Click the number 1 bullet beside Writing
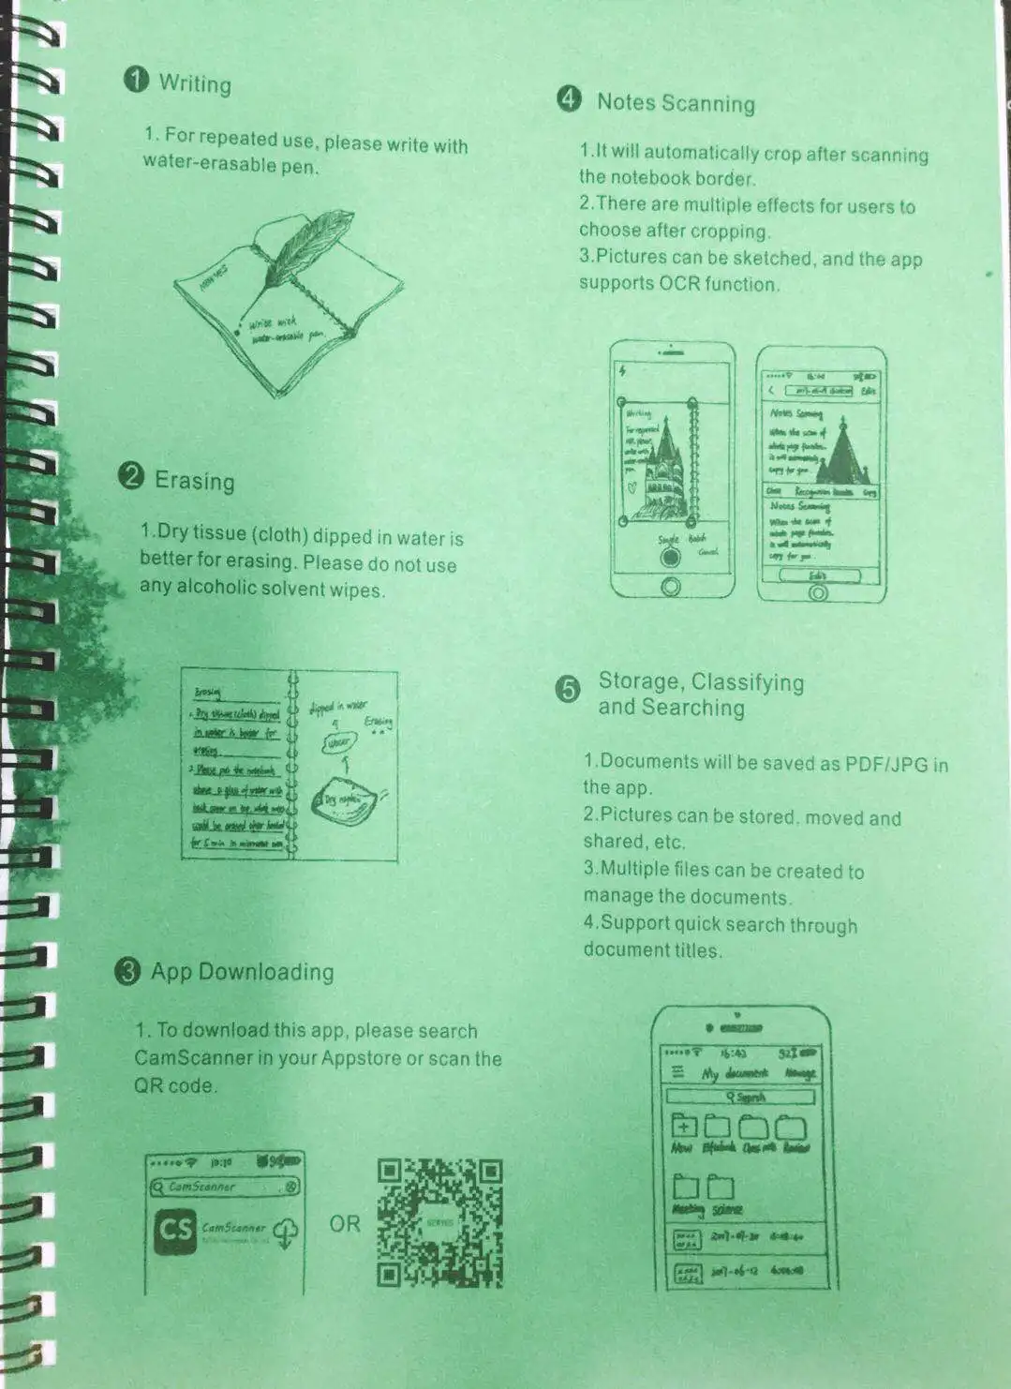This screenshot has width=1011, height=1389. pyautogui.click(x=137, y=79)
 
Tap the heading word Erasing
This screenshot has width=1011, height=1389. pyautogui.click(x=194, y=481)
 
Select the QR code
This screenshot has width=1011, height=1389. pyautogui.click(x=440, y=1223)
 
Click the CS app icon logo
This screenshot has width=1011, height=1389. pyautogui.click(x=176, y=1229)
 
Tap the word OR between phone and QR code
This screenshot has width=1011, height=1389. pyautogui.click(x=344, y=1223)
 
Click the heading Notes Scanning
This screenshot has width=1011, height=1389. pyautogui.click(x=676, y=103)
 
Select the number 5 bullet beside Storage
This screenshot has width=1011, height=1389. pyautogui.click(x=568, y=691)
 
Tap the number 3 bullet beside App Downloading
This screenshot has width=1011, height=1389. pyautogui.click(x=127, y=971)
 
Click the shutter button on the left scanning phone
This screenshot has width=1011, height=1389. pyautogui.click(x=670, y=557)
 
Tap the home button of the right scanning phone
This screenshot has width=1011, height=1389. pyautogui.click(x=818, y=592)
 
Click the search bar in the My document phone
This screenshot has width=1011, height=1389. pyautogui.click(x=740, y=1097)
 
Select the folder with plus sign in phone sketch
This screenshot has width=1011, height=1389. pyautogui.click(x=684, y=1128)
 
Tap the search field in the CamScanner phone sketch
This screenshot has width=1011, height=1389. pyautogui.click(x=225, y=1187)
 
